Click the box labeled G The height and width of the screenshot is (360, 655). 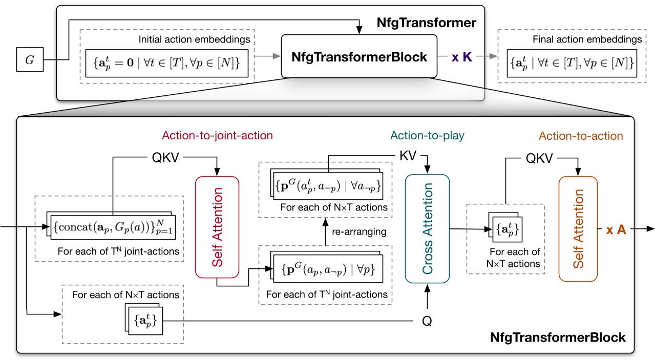click(x=30, y=60)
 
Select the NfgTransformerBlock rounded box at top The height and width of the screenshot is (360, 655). click(x=359, y=57)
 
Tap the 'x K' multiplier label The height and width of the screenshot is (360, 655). click(x=463, y=57)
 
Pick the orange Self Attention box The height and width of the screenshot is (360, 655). click(x=578, y=228)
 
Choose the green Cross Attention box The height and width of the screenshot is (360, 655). click(x=427, y=228)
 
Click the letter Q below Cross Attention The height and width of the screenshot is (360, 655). click(x=426, y=321)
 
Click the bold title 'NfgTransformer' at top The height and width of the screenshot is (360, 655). click(x=427, y=23)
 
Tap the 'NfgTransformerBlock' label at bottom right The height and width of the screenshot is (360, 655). click(x=558, y=337)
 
